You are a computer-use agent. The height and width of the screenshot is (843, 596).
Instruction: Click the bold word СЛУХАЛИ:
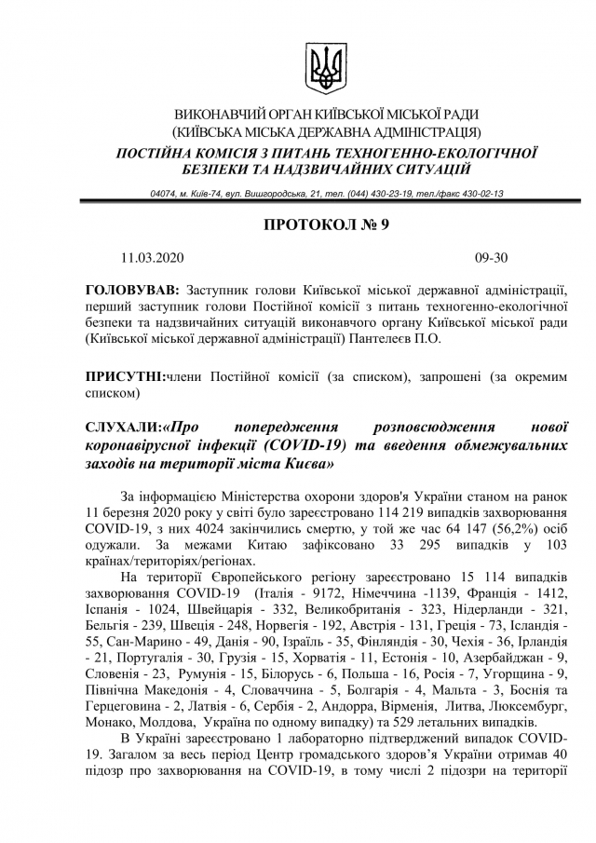(x=122, y=427)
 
